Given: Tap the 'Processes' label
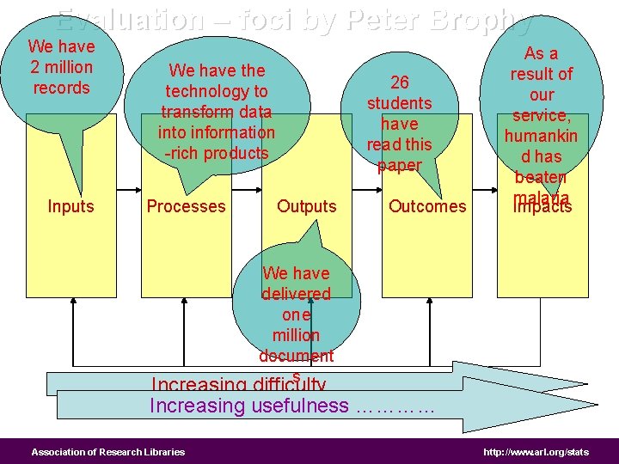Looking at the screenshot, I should [186, 206].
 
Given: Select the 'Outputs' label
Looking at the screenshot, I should [307, 206].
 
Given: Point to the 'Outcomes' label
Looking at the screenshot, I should [427, 206].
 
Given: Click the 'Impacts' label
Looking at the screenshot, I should [542, 207].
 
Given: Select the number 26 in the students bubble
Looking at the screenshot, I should [400, 82].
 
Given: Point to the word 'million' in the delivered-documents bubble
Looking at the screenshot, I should [296, 335].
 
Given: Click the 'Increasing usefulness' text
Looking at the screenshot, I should [249, 406].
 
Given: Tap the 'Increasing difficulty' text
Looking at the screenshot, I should [238, 385].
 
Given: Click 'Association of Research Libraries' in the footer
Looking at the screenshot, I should [108, 452].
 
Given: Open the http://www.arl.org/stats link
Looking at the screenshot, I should [536, 452].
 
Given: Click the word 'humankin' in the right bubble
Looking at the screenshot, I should [542, 136].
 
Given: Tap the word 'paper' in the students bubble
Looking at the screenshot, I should [400, 165].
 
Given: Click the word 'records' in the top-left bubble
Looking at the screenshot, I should [60, 88].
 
